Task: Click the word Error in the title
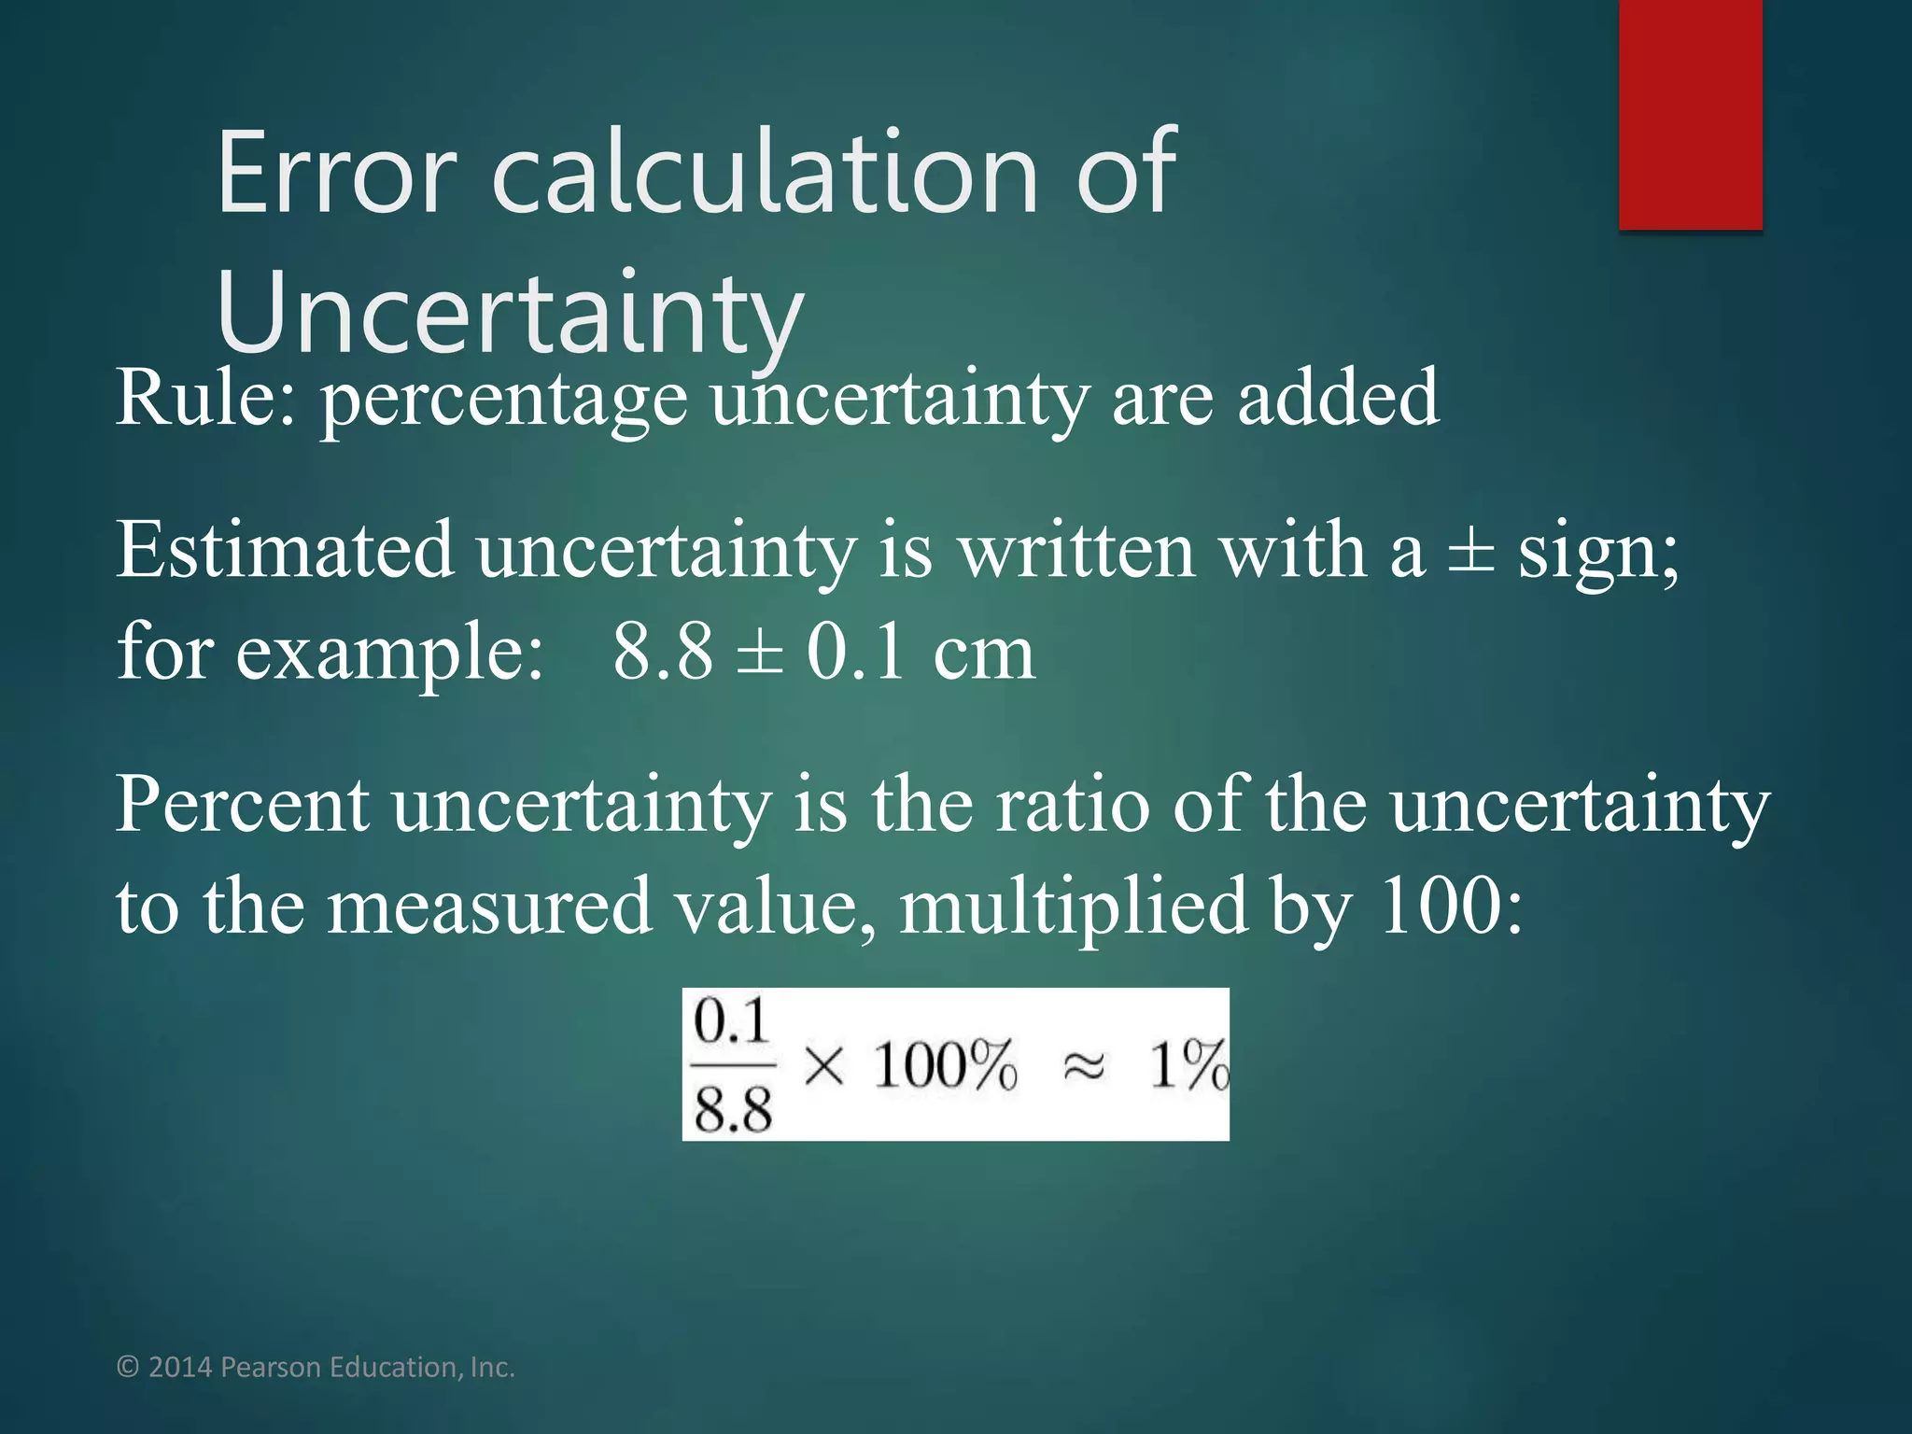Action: pos(336,174)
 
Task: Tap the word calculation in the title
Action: pos(765,174)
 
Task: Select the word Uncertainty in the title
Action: pos(510,313)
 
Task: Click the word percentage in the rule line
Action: pos(504,401)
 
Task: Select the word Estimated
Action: pos(285,551)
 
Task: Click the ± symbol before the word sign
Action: pos(1470,553)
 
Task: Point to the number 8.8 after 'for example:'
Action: pos(663,652)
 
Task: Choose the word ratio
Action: pos(1073,805)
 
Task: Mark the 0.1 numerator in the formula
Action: pos(731,1022)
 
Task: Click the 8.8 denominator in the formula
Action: pos(733,1110)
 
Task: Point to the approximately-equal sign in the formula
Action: pos(1084,1066)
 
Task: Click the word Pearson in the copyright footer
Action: pos(271,1368)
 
